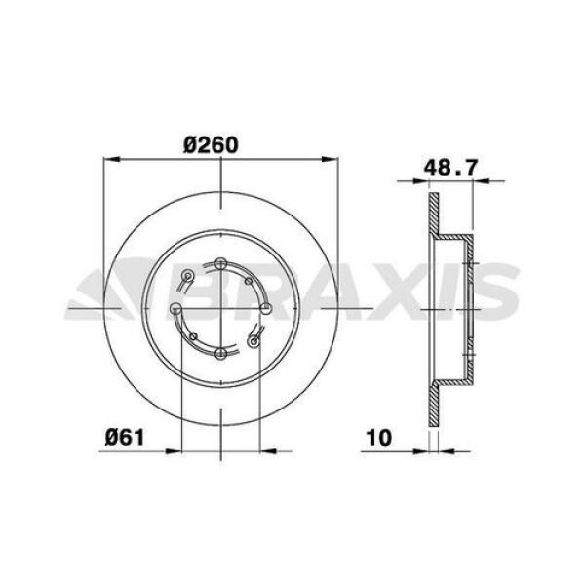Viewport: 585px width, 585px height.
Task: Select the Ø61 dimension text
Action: (x=126, y=436)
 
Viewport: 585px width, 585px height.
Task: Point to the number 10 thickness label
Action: (x=379, y=436)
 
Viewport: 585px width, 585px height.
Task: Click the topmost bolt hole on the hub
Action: (x=221, y=262)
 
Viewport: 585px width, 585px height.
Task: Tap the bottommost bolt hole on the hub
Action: (x=221, y=352)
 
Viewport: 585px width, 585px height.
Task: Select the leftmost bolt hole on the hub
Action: (x=176, y=308)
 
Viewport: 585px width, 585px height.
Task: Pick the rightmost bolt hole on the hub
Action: (x=265, y=308)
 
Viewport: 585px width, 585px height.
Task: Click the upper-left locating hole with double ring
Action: (x=189, y=275)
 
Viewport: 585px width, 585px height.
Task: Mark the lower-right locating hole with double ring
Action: (x=254, y=340)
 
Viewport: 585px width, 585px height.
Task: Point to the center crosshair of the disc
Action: (x=221, y=308)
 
